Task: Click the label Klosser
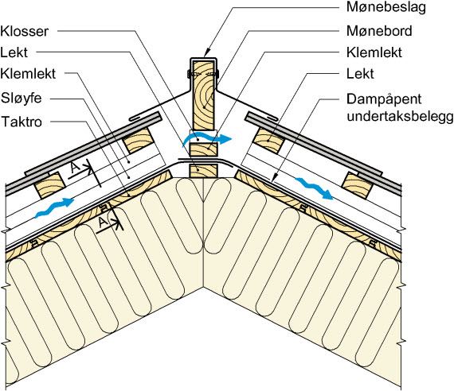click(x=25, y=31)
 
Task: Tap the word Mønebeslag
click(x=386, y=7)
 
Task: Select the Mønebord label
click(x=379, y=31)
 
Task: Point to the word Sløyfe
click(x=22, y=99)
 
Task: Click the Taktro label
click(x=22, y=122)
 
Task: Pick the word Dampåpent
click(x=384, y=99)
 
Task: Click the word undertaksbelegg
click(x=400, y=117)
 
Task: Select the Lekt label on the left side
click(x=14, y=52)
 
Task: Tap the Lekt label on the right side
click(x=360, y=74)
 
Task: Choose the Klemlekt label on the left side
click(x=28, y=74)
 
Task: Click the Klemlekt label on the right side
click(x=374, y=52)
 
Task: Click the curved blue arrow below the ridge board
click(x=207, y=139)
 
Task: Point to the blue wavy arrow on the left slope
click(x=54, y=207)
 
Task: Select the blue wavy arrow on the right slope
click(x=314, y=188)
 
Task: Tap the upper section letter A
click(x=76, y=168)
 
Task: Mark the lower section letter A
click(x=102, y=223)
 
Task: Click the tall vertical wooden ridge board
click(x=204, y=95)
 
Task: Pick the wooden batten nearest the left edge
click(x=49, y=185)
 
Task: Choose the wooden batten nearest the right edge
click(x=358, y=186)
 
